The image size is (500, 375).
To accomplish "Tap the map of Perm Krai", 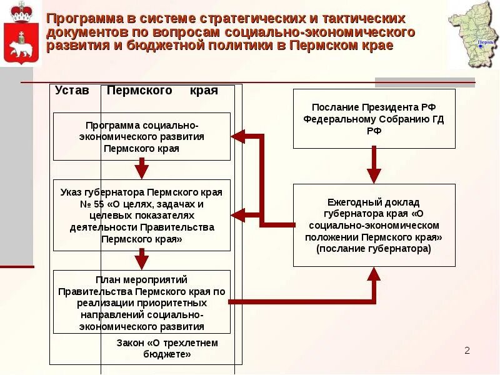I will [472, 34].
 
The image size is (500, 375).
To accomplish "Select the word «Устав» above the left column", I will [72, 91].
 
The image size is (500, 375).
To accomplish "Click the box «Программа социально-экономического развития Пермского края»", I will [142, 136].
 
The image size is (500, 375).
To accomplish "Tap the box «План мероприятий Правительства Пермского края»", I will [142, 302].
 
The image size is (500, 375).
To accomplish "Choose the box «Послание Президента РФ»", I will [374, 119].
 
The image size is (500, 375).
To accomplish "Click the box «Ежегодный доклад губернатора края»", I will [374, 225].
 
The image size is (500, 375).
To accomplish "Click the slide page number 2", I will [467, 351].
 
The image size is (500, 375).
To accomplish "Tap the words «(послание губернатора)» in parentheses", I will [374, 249].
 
